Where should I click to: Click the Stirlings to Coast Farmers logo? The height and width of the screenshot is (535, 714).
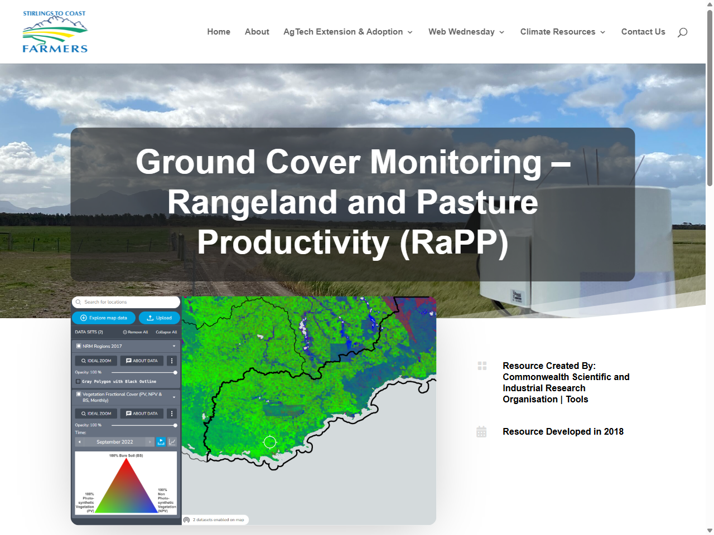[55, 32]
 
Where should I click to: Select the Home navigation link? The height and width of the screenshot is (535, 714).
[219, 32]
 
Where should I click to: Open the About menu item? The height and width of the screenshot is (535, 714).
[257, 32]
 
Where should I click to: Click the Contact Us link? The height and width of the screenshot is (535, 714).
[643, 32]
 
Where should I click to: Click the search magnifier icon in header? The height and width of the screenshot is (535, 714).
[682, 32]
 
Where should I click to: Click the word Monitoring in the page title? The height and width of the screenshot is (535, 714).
[456, 162]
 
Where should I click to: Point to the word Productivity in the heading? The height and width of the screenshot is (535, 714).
[293, 242]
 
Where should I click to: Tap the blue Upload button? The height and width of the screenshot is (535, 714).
[159, 318]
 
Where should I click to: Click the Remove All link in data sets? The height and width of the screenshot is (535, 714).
[136, 332]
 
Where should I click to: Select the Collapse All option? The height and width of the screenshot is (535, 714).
[166, 332]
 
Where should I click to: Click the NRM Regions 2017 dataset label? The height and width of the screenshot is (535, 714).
[102, 346]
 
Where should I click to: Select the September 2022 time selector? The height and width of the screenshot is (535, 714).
[115, 442]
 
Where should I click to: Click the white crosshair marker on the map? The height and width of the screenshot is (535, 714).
[270, 442]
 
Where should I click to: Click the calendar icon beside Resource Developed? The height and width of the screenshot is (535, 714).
[482, 432]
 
